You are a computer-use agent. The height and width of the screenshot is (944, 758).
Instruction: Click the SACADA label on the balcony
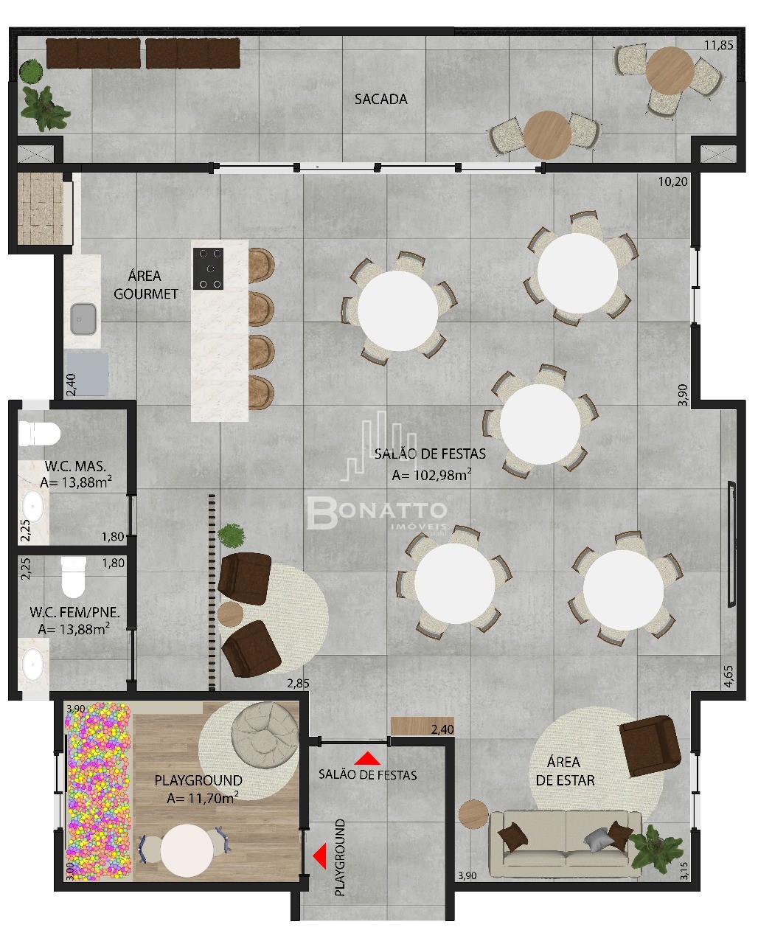pyautogui.click(x=380, y=99)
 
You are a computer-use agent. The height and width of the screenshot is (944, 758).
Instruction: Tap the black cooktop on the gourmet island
pyautogui.click(x=208, y=268)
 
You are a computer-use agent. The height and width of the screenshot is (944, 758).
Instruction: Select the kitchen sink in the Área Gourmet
pyautogui.click(x=83, y=319)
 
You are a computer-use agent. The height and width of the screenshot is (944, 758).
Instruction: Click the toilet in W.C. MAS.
pyautogui.click(x=40, y=434)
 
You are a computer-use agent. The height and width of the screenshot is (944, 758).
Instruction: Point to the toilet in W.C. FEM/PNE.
pyautogui.click(x=73, y=577)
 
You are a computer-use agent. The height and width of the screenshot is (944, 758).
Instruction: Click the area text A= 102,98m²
pyautogui.click(x=431, y=475)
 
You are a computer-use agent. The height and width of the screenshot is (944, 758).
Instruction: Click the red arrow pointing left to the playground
pyautogui.click(x=320, y=856)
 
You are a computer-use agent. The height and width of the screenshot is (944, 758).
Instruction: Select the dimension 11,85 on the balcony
pyautogui.click(x=718, y=45)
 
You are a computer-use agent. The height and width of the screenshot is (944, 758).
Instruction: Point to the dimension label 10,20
pyautogui.click(x=673, y=181)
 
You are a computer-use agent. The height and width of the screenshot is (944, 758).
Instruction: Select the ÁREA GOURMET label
pyautogui.click(x=146, y=285)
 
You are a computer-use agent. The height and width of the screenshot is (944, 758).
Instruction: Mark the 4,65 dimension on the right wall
pyautogui.click(x=729, y=676)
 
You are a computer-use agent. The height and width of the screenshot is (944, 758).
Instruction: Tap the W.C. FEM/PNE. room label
pyautogui.click(x=74, y=612)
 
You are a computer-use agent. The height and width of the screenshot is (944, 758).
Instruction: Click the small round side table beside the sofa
pyautogui.click(x=473, y=814)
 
